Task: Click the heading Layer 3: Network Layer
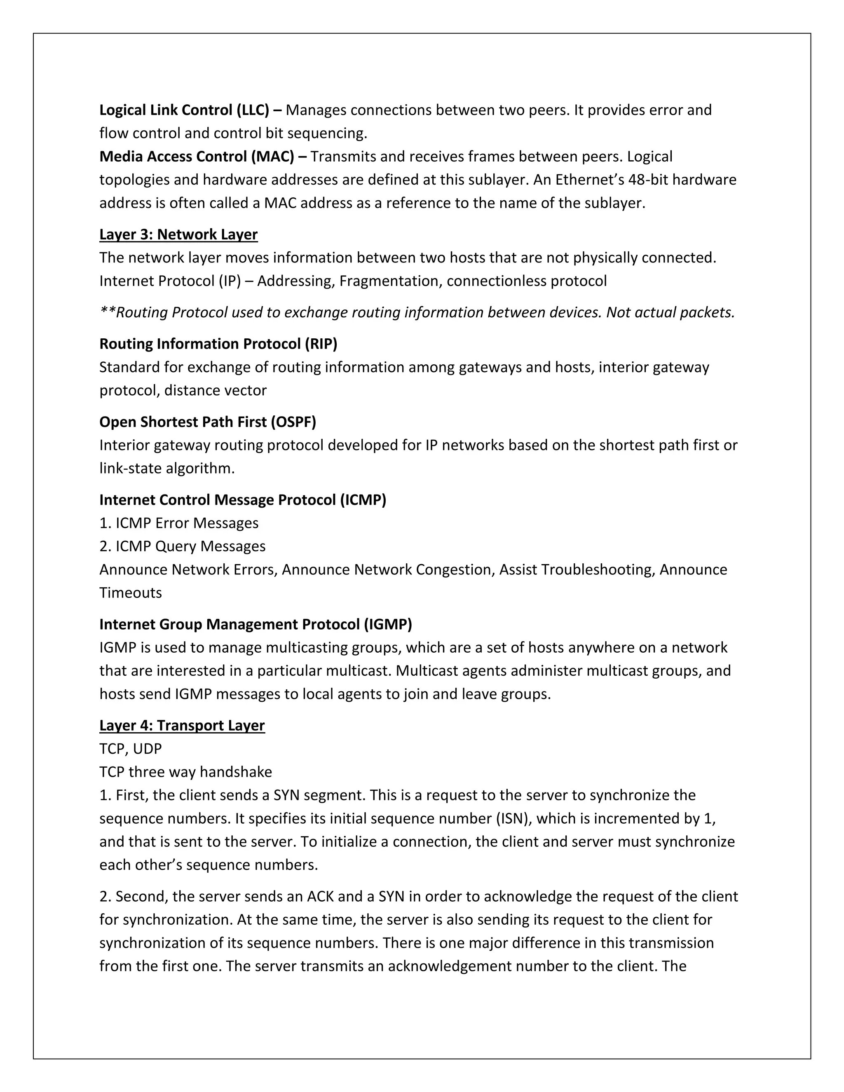[178, 234]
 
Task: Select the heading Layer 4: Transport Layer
[182, 726]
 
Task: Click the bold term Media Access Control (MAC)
[197, 157]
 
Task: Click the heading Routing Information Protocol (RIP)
[218, 344]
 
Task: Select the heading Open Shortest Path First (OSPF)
[208, 422]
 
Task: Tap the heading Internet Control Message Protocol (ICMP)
[242, 500]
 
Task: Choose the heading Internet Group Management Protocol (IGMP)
[256, 624]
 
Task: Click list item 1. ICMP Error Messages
[179, 523]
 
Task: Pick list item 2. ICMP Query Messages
[183, 546]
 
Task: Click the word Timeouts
[131, 593]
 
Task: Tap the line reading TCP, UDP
[131, 749]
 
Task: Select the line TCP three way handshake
[185, 772]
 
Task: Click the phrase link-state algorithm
[166, 469]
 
